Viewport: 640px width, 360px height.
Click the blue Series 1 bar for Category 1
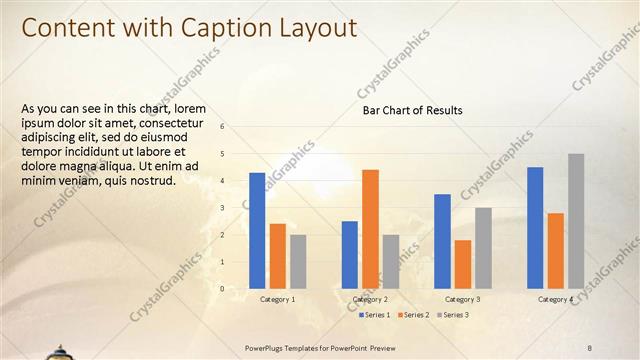click(x=257, y=230)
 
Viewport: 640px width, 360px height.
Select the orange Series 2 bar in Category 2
click(x=370, y=229)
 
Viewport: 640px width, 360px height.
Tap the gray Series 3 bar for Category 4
click(x=576, y=221)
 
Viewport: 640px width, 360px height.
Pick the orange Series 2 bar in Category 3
click(x=462, y=264)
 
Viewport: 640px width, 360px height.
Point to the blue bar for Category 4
click(x=535, y=227)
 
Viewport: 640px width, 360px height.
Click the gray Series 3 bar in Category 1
click(x=298, y=261)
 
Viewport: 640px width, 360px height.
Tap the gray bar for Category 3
click(x=483, y=248)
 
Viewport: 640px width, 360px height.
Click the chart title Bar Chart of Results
click(x=412, y=110)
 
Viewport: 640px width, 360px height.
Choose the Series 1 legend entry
click(x=375, y=315)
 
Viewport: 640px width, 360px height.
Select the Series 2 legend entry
click(x=414, y=315)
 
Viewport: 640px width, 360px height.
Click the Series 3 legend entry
click(x=454, y=315)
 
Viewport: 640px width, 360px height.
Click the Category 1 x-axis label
click(x=277, y=299)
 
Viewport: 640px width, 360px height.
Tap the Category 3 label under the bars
click(x=462, y=299)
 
